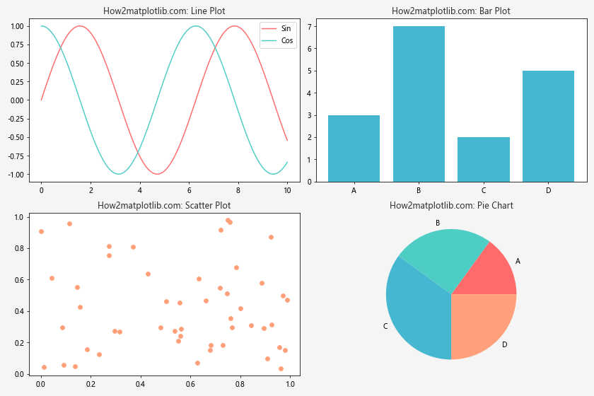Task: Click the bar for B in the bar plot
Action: coord(419,104)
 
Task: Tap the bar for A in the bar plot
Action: coord(354,148)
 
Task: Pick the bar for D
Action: coord(548,126)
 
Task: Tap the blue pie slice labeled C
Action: coord(417,308)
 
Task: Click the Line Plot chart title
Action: coord(164,11)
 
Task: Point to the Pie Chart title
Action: coord(451,206)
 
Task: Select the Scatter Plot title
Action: coord(164,206)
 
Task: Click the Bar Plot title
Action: coord(451,11)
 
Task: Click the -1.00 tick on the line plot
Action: coord(17,174)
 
